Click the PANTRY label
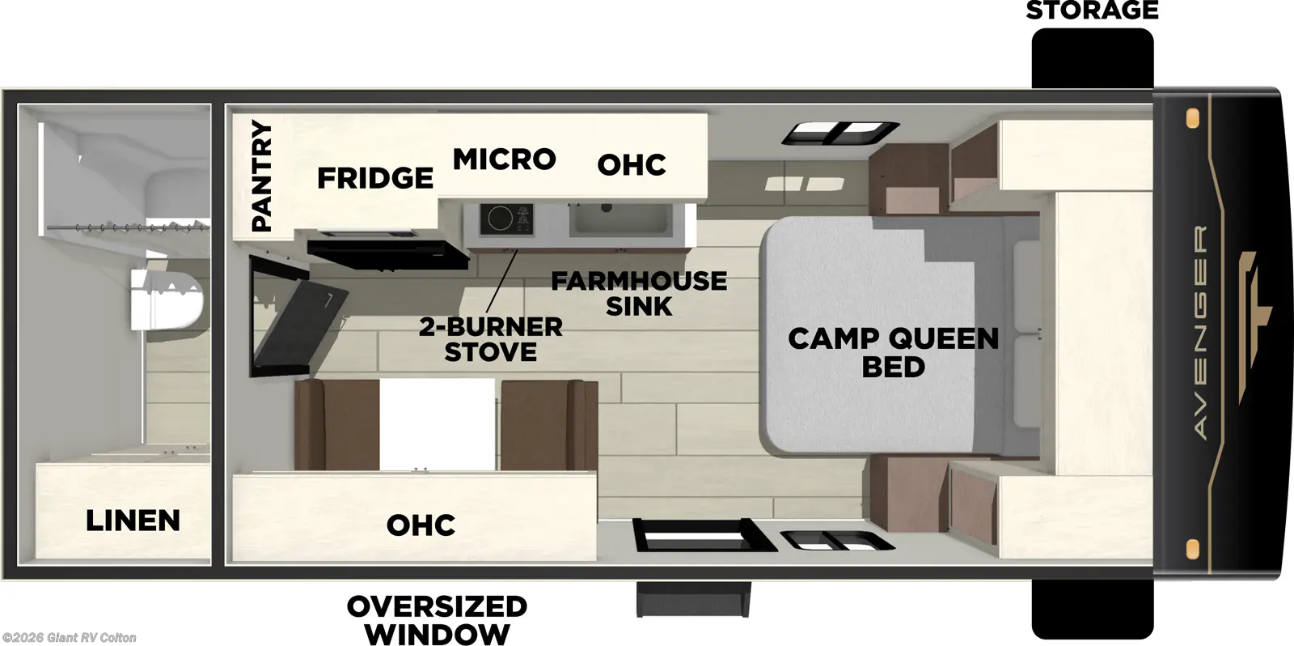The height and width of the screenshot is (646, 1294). (x=261, y=176)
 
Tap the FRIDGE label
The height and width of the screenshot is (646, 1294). (x=374, y=177)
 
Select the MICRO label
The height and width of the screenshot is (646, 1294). (x=504, y=159)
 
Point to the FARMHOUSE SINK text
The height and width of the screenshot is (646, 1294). (x=639, y=293)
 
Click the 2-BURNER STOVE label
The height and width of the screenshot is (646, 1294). (x=491, y=339)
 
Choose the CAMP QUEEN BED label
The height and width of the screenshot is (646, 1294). (x=893, y=352)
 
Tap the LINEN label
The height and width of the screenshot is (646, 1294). (x=133, y=521)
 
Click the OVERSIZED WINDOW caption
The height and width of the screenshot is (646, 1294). (x=437, y=618)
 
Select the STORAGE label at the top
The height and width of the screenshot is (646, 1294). (x=1092, y=11)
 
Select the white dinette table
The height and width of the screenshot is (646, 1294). (x=437, y=425)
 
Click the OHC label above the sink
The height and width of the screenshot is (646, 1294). (x=632, y=165)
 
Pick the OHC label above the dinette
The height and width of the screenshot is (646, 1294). (x=421, y=525)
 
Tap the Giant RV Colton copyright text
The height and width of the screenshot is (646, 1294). (x=70, y=638)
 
